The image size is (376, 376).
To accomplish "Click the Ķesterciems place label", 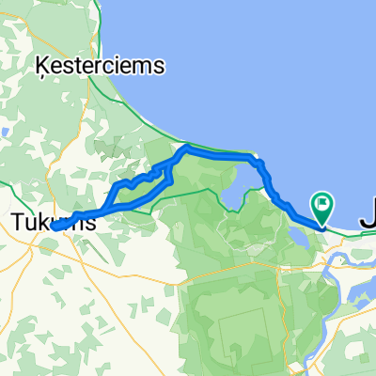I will tap(99, 67).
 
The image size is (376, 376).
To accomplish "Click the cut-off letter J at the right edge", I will tap(368, 220).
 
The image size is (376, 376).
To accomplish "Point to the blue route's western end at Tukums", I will tap(55, 226).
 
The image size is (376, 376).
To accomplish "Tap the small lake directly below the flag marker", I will tap(302, 235).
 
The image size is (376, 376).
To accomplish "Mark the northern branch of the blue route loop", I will tap(141, 179).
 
